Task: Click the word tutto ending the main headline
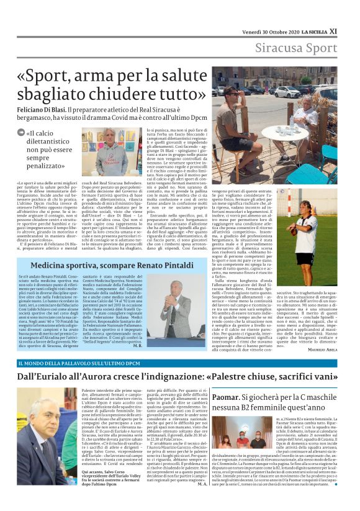click(181, 94)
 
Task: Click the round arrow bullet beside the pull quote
click(22, 132)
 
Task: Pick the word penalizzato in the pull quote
click(48, 167)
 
